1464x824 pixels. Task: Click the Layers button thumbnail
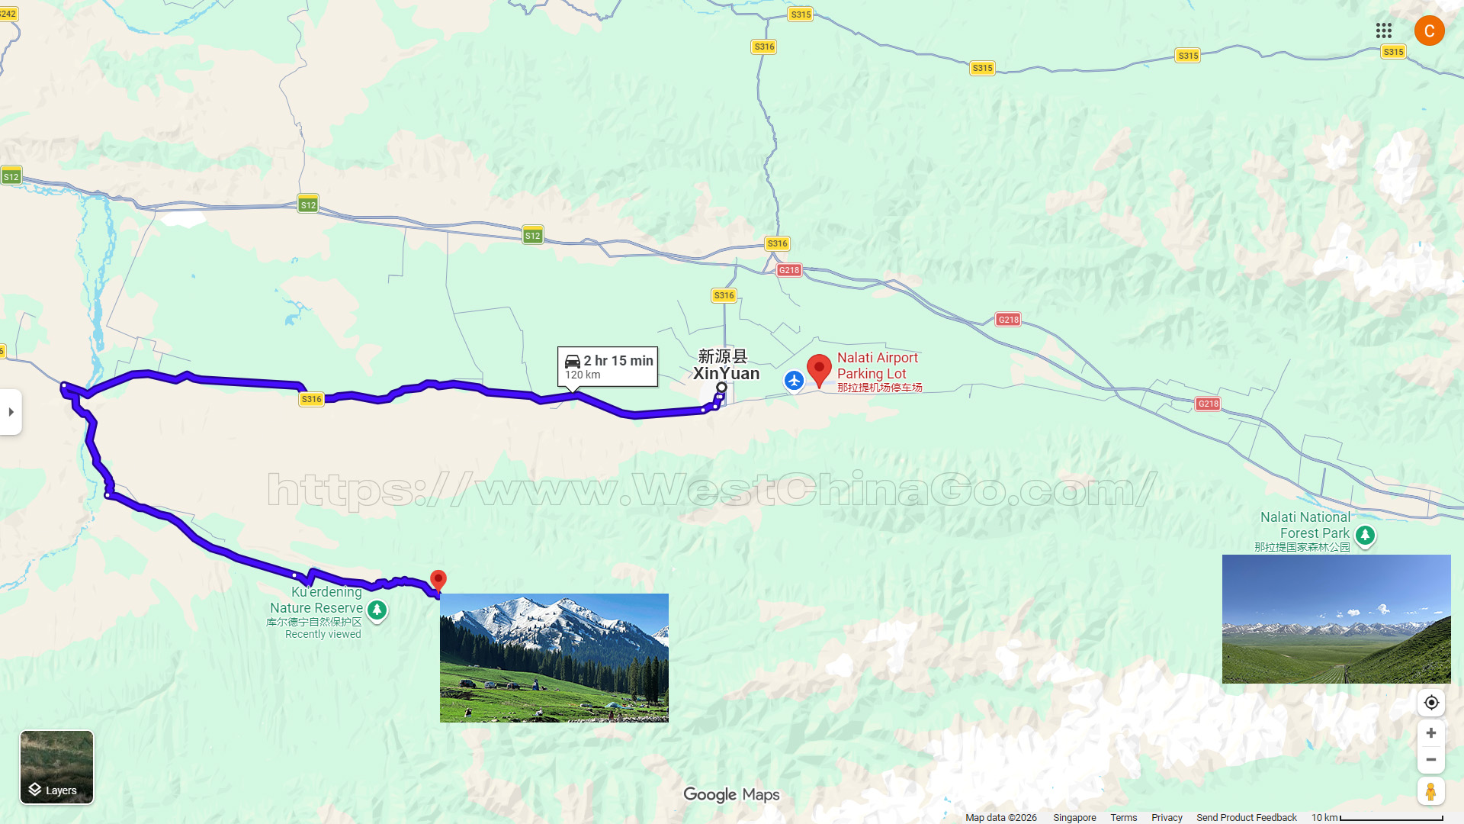(56, 766)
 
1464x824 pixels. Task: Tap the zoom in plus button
(1431, 733)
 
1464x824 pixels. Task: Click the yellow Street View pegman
(1431, 791)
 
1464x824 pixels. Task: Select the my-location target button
(1431, 703)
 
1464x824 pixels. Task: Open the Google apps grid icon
(1384, 31)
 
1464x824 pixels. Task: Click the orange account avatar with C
(1429, 31)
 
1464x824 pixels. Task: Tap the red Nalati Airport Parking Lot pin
(819, 370)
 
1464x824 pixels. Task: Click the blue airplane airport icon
(794, 380)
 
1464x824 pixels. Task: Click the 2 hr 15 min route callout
(608, 366)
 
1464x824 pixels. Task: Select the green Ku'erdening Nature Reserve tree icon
(377, 610)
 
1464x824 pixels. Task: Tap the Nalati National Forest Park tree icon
(1365, 535)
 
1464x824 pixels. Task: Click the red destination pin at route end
(438, 581)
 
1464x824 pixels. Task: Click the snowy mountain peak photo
(554, 658)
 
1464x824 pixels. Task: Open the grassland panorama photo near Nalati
(1336, 619)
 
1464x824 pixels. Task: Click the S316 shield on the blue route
(311, 399)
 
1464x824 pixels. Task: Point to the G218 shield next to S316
(789, 270)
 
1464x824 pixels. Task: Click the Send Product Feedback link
(1246, 817)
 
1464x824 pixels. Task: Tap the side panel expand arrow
(11, 412)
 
